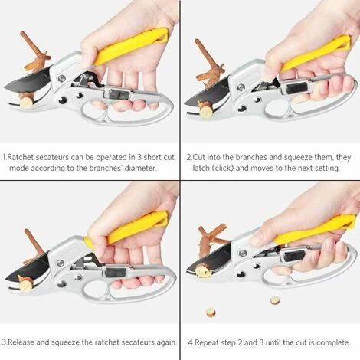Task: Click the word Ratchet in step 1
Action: [21, 157]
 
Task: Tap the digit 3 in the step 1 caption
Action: [139, 157]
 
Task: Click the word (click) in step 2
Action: [220, 168]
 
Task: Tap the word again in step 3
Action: [166, 342]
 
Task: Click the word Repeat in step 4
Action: [205, 342]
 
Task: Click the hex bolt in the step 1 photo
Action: [61, 78]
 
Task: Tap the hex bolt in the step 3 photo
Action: [61, 263]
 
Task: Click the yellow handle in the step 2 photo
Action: [315, 54]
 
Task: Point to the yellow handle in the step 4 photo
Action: [314, 229]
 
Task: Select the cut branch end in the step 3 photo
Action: [26, 284]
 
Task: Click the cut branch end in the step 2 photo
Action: [205, 111]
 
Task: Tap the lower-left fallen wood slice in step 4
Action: [211, 312]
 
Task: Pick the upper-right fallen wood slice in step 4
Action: [275, 300]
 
